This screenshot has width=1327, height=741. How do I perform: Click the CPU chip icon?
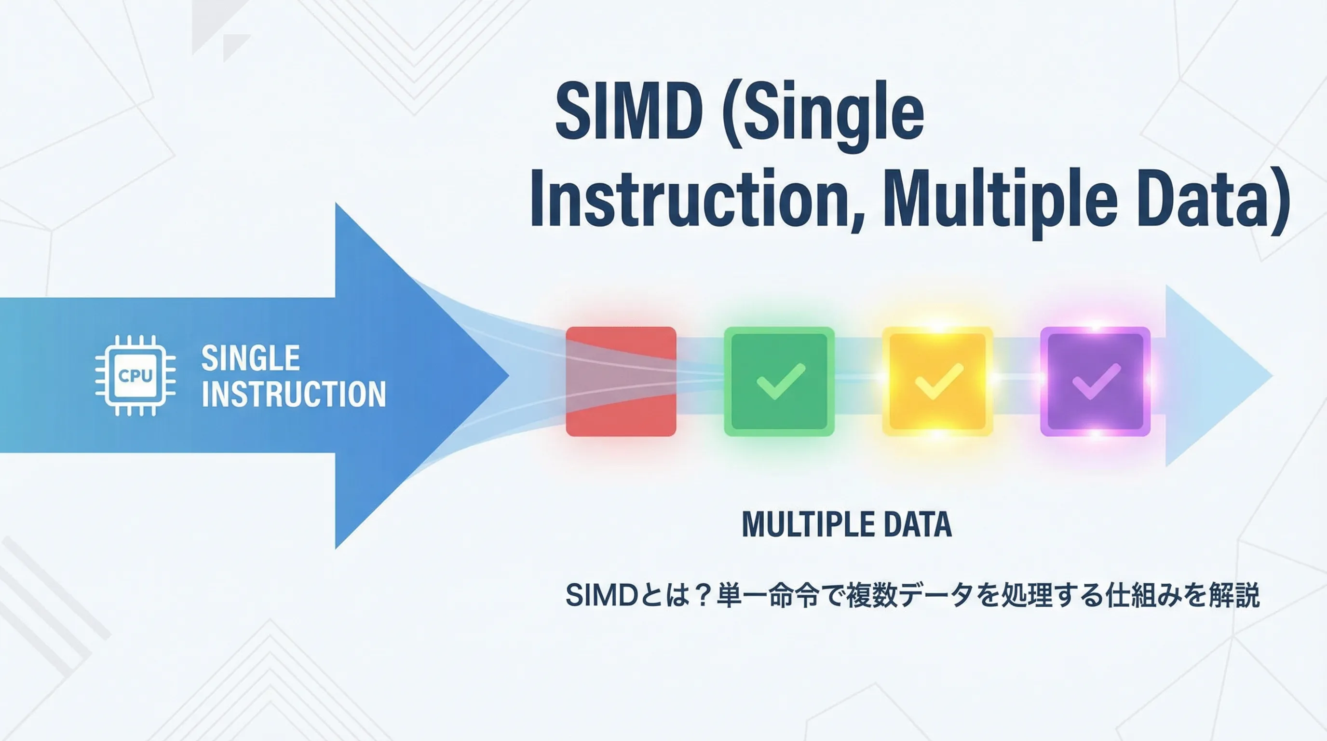tap(135, 375)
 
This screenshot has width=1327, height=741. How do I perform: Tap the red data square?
tap(621, 381)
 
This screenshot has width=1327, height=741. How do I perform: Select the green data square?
tap(779, 381)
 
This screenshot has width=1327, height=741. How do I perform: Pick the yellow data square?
tap(937, 381)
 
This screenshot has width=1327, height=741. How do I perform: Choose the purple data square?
tap(1095, 381)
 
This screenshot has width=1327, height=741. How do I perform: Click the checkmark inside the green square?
tap(781, 381)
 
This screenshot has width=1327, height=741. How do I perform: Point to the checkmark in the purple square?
tap(1096, 381)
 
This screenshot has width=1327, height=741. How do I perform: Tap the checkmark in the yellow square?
tap(938, 381)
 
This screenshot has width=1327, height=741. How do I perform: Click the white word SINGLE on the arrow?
tap(250, 358)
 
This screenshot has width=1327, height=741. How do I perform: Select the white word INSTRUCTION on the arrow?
tap(294, 394)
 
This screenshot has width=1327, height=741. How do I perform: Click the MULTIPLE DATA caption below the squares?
tap(846, 524)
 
